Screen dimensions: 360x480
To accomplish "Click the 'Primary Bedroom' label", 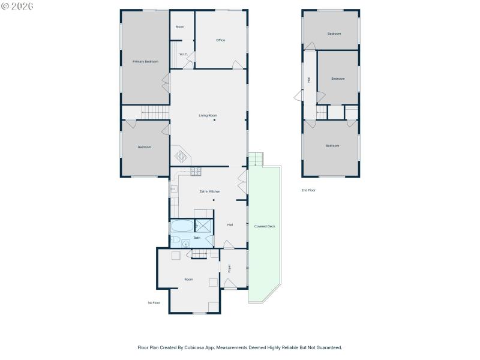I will [x=145, y=61].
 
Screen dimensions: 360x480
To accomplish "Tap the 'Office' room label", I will [x=220, y=40].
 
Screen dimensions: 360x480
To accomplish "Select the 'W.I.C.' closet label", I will [x=184, y=54].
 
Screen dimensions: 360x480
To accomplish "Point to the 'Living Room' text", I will [x=208, y=115].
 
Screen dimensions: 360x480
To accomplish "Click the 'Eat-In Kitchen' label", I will [x=210, y=191].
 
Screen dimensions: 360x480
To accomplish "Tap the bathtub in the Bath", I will [x=182, y=227].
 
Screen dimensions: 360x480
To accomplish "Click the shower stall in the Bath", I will [x=204, y=226].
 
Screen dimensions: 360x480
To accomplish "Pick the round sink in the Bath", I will [x=185, y=243].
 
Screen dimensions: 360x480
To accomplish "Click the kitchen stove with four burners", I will [x=196, y=172].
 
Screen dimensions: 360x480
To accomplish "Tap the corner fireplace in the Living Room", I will [x=181, y=156].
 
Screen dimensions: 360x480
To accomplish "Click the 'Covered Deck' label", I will [x=265, y=226].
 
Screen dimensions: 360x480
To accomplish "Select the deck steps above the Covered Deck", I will [x=256, y=160].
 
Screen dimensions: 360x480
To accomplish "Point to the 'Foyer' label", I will [x=229, y=268].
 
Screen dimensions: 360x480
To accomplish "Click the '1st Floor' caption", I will [x=154, y=302].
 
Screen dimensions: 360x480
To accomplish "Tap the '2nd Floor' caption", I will [x=308, y=190].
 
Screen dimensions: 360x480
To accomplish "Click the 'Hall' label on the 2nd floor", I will [x=309, y=79].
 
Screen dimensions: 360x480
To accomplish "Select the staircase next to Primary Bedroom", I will [x=155, y=112].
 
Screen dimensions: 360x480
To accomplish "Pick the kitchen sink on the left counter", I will [x=173, y=189].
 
